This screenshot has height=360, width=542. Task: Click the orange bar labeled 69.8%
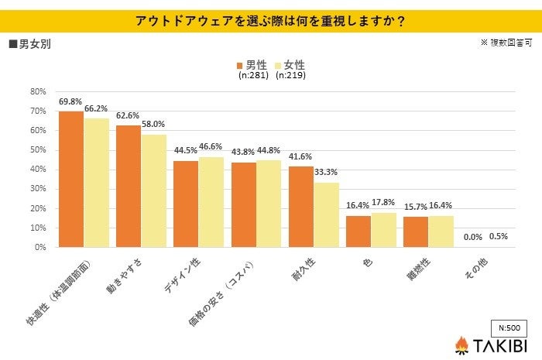(70, 180)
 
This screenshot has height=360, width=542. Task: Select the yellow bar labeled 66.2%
(96, 183)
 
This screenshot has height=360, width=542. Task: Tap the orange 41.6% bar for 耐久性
(301, 207)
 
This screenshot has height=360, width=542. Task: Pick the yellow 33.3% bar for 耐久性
(327, 215)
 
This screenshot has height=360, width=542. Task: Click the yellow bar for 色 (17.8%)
(384, 230)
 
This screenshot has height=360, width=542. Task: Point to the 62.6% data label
(128, 116)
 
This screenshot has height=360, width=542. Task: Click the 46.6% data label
(211, 146)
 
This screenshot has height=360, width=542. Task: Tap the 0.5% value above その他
(499, 237)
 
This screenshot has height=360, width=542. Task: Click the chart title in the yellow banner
(271, 21)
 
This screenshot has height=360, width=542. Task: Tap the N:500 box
(508, 327)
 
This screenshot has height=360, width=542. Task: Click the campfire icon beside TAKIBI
(461, 345)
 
